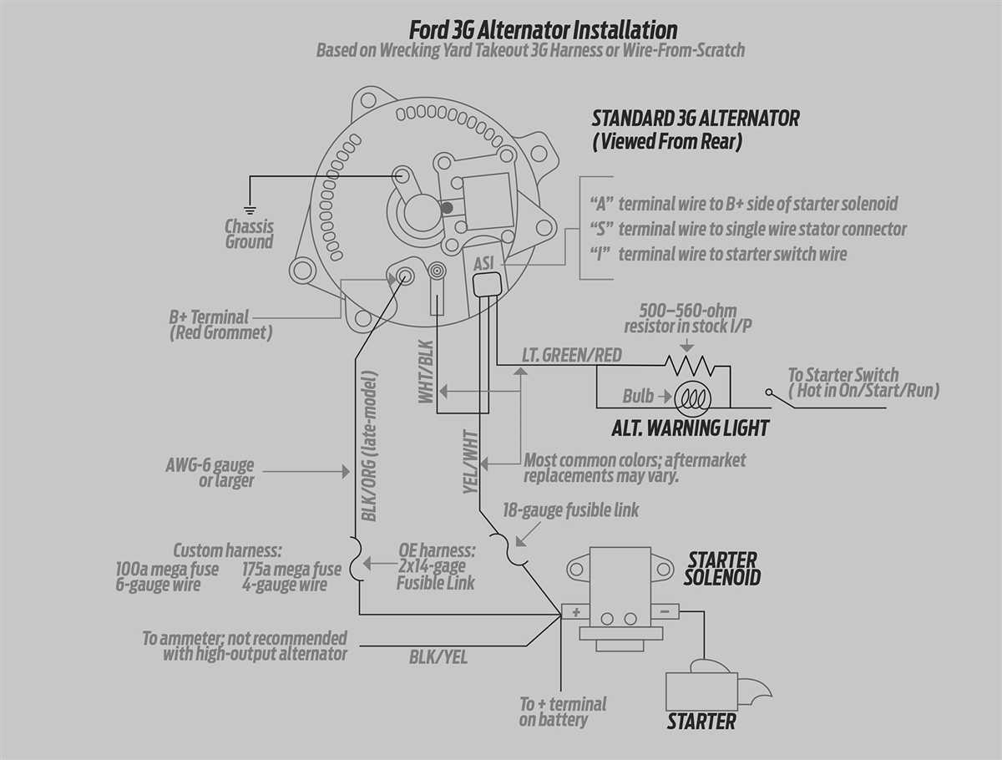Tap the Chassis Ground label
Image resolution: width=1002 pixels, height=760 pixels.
249,234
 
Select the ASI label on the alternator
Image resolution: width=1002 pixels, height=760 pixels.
484,263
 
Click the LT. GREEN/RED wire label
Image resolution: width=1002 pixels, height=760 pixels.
572,355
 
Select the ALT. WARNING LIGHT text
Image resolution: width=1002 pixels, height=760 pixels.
690,428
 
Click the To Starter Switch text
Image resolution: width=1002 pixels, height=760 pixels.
843,375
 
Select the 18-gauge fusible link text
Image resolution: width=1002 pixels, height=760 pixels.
570,509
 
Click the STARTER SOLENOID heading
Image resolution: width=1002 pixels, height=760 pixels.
722,568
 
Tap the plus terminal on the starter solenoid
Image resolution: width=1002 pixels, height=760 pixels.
575,611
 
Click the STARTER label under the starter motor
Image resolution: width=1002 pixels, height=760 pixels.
701,722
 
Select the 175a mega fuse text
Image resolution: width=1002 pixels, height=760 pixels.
291,569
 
